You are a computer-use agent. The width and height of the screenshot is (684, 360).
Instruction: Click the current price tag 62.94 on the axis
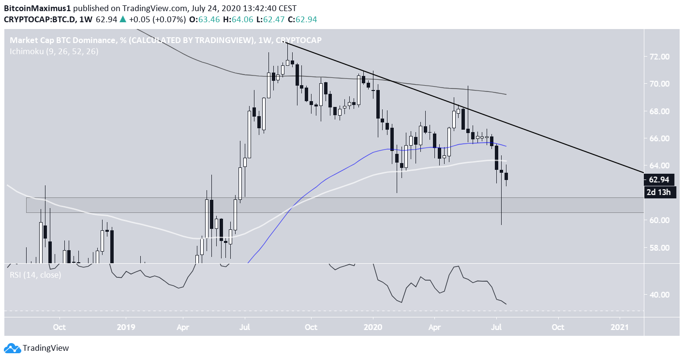point(659,180)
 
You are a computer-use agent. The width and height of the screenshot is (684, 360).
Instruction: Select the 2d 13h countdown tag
point(659,193)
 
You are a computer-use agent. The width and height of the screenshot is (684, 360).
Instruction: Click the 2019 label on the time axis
point(126,327)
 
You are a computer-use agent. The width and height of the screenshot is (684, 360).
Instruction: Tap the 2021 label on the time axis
point(620,327)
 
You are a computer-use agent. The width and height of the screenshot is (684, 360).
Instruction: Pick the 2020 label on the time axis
point(373,327)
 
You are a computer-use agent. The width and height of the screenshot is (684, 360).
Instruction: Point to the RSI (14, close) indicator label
point(35,275)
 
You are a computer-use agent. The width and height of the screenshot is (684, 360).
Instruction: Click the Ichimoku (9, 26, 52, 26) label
point(54,51)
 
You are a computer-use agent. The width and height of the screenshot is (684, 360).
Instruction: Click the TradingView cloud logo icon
point(12,348)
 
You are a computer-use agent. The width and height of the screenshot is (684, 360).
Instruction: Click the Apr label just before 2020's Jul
point(434,327)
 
